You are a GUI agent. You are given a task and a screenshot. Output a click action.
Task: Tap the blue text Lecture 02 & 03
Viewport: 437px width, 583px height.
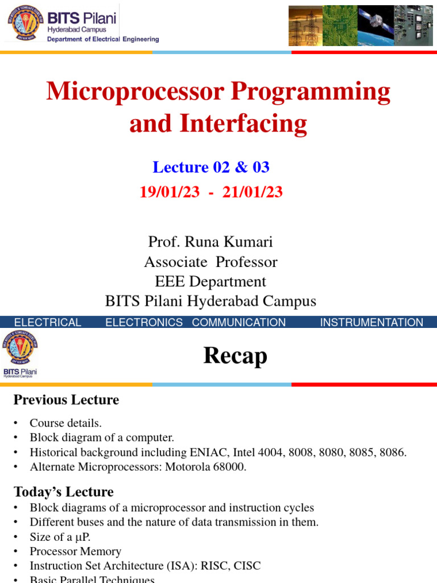[211, 167]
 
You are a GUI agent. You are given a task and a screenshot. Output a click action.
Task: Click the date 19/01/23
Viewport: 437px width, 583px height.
[170, 192]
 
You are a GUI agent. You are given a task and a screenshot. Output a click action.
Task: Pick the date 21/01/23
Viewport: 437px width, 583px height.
[253, 192]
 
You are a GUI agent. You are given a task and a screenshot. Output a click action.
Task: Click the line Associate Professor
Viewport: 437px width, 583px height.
[211, 262]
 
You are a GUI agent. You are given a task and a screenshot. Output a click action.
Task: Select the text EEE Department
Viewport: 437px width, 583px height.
[211, 282]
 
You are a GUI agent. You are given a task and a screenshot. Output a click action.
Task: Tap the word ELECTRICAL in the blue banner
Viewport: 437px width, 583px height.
[47, 323]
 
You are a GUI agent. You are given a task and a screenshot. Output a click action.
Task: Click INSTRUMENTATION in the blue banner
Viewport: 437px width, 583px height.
[372, 323]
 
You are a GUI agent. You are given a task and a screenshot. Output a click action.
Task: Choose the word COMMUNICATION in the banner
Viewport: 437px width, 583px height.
[239, 323]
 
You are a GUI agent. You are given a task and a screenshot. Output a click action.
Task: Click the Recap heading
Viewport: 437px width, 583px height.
[235, 356]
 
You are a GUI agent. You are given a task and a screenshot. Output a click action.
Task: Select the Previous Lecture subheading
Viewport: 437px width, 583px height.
[66, 400]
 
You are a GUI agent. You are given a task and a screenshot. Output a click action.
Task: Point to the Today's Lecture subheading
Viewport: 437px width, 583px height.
[64, 492]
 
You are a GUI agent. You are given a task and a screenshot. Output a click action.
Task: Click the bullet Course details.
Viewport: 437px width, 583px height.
[66, 423]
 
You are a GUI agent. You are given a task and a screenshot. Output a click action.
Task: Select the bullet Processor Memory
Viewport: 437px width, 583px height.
[76, 551]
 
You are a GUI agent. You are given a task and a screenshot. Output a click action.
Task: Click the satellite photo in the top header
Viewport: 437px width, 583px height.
[374, 26]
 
